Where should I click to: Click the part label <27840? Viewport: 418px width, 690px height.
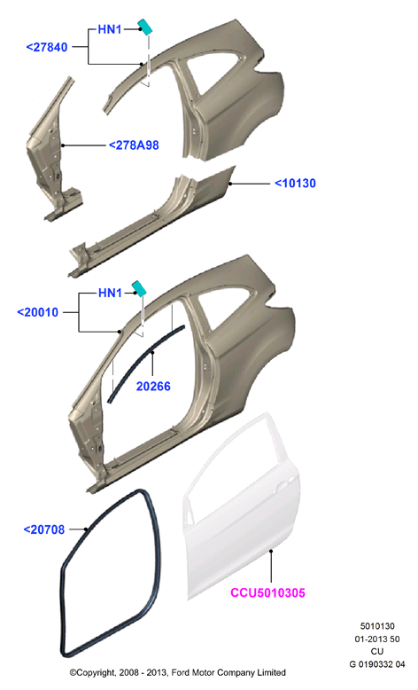click(x=47, y=47)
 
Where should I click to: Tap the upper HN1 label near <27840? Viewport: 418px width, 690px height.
click(x=110, y=29)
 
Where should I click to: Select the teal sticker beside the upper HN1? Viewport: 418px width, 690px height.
click(x=144, y=27)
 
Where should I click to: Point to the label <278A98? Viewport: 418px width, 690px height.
click(x=134, y=145)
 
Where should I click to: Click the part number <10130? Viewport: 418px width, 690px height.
click(x=295, y=183)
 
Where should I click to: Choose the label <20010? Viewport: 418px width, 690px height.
click(x=37, y=312)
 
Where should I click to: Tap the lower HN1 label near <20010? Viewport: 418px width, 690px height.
click(x=110, y=293)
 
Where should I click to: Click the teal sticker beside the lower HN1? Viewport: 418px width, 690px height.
click(x=139, y=287)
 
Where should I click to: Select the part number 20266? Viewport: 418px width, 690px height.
click(x=153, y=386)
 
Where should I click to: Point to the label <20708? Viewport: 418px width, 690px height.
click(x=44, y=529)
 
